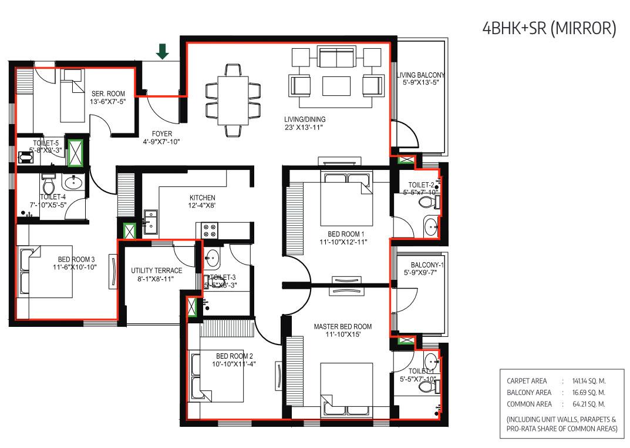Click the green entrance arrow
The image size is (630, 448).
click(163, 52)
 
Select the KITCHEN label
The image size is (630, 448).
click(202, 198)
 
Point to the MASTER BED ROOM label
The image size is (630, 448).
click(342, 327)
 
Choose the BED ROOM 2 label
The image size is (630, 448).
click(234, 356)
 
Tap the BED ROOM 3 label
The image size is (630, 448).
click(76, 259)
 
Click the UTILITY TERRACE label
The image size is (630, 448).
click(157, 270)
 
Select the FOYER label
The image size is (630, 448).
click(161, 133)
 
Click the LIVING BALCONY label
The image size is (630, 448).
click(420, 75)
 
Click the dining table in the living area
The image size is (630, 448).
click(233, 97)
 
